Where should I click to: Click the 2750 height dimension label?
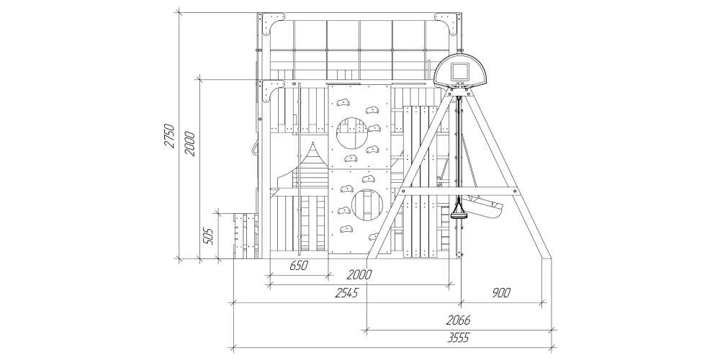[x=169, y=135]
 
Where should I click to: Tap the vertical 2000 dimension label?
[x=189, y=144]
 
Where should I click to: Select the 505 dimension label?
[x=208, y=236]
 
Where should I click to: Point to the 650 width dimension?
[x=299, y=266]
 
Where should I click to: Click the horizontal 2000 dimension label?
[x=359, y=274]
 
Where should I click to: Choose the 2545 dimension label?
[x=346, y=292]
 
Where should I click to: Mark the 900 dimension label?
[x=500, y=292]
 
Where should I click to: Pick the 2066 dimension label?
[x=458, y=320]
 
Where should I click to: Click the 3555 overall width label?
[x=458, y=338]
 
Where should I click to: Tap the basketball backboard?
[x=461, y=71]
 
